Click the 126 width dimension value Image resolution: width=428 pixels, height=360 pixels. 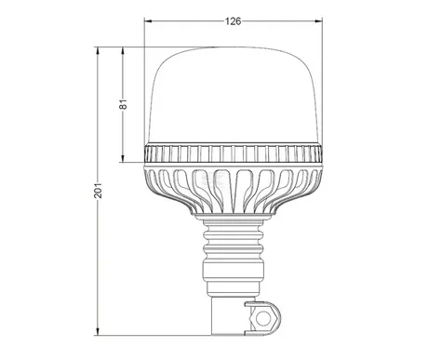(x=233, y=21)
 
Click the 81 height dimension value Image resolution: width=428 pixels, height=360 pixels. (x=124, y=104)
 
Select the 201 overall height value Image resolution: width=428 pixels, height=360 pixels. (x=98, y=190)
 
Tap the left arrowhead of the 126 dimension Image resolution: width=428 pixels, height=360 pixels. (x=148, y=21)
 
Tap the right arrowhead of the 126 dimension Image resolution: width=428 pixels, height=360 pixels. (x=318, y=21)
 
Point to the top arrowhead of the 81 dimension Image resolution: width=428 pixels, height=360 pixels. (x=123, y=51)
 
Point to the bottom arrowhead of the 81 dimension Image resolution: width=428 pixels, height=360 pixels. (x=123, y=158)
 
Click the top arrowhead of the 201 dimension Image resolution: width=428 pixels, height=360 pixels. (x=98, y=51)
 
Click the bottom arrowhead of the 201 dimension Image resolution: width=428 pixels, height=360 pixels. (x=98, y=331)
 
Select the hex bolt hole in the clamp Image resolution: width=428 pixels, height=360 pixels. (x=263, y=318)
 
